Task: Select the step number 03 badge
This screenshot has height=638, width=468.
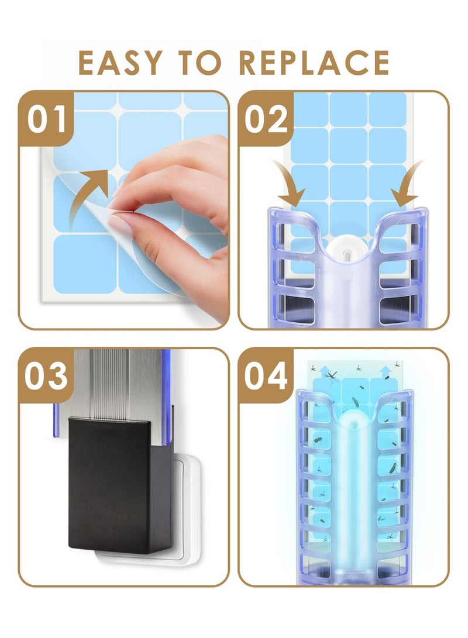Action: coord(46,376)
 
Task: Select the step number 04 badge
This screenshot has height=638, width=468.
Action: coord(266,376)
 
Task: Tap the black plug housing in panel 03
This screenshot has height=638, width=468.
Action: coord(120,485)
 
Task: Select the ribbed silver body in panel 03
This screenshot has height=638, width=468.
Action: coord(117,383)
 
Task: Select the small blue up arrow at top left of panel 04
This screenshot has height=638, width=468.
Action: coord(314,369)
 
